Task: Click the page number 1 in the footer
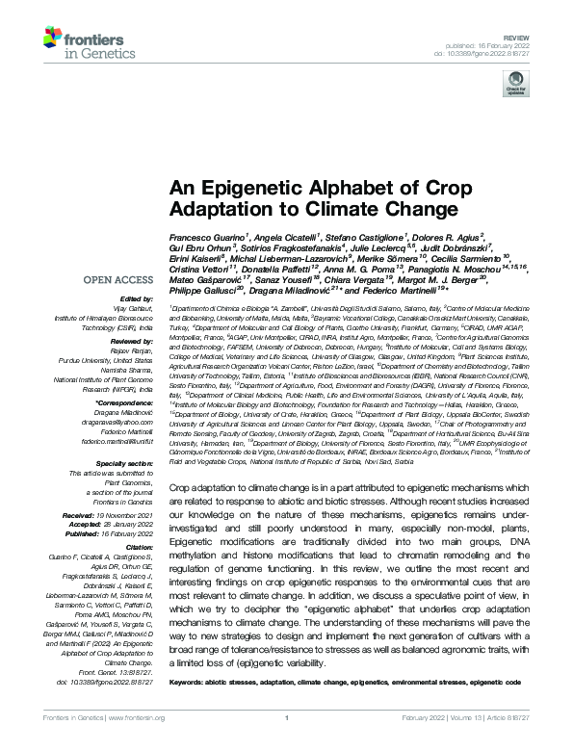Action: (x=286, y=733)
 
